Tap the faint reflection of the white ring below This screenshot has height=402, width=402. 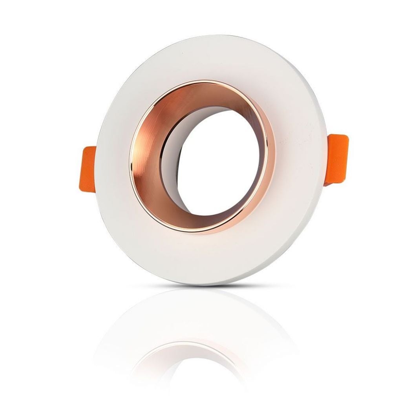[x=196, y=314]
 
